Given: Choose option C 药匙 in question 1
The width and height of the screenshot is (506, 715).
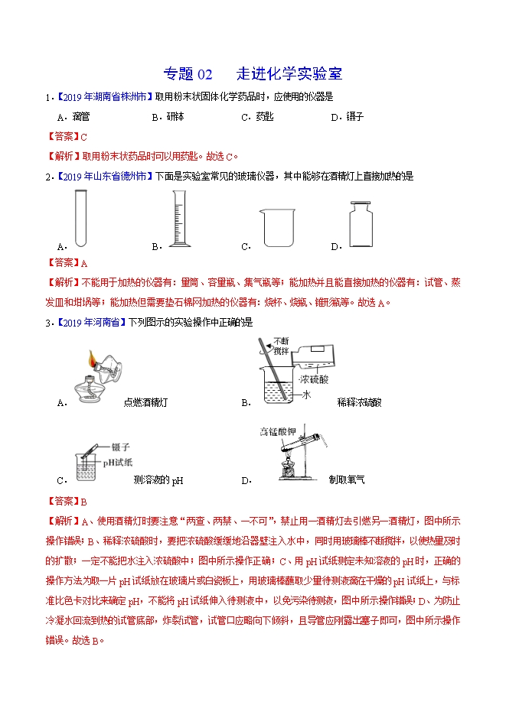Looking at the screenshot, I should click(263, 117).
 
